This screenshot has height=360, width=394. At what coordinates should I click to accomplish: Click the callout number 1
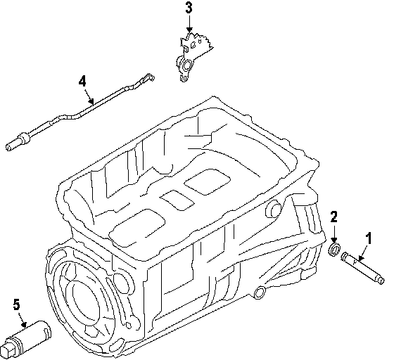[x=369, y=238]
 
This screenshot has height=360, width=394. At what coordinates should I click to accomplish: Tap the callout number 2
[x=334, y=217]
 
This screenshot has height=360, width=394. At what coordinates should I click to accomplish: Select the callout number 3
[x=189, y=8]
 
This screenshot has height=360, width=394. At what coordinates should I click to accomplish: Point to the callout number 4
[x=82, y=82]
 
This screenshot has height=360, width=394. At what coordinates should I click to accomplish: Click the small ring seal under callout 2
[x=334, y=250]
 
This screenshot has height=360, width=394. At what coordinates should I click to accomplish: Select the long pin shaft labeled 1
[x=362, y=268]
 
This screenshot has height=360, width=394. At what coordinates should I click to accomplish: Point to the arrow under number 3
[x=189, y=24]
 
